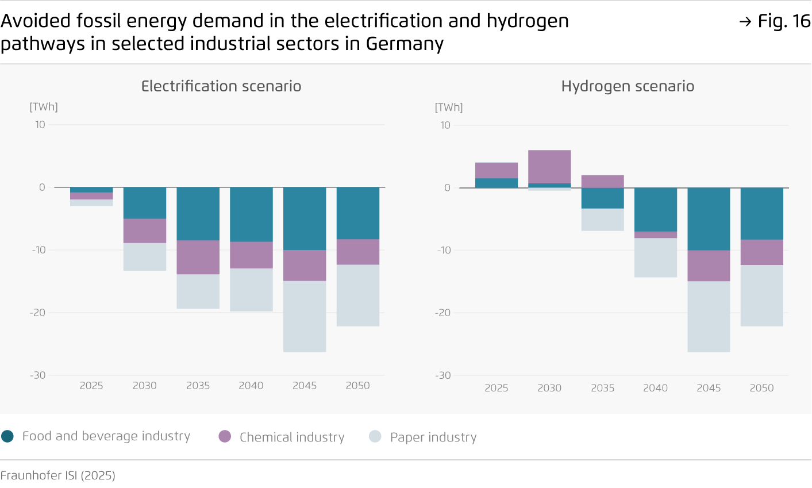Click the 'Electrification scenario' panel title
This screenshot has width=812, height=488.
(x=221, y=86)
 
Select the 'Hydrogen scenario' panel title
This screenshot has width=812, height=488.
(x=628, y=86)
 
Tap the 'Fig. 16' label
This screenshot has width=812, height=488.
(x=775, y=21)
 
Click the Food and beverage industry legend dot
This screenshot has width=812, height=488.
(x=7, y=436)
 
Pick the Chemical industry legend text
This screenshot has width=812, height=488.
(x=291, y=437)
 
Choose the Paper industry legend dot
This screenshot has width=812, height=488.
(x=375, y=436)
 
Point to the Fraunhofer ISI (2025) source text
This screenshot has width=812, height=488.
(x=58, y=475)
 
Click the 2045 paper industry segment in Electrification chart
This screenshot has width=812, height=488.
(x=305, y=316)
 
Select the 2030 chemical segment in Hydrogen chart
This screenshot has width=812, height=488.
(x=549, y=167)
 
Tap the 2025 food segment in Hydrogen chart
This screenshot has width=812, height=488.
(x=497, y=183)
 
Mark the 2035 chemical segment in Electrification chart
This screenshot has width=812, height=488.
(x=198, y=257)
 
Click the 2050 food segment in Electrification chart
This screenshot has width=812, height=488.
(x=358, y=213)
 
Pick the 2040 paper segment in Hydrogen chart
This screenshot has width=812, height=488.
(x=656, y=258)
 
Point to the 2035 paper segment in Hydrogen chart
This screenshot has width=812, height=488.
(x=602, y=220)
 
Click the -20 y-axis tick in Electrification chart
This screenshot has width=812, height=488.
(x=38, y=313)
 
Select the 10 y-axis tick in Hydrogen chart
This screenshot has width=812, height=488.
(x=445, y=125)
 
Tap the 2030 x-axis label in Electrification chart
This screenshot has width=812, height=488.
(x=144, y=386)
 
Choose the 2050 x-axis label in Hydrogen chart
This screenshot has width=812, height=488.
(x=761, y=388)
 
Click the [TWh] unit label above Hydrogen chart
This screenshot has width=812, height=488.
(x=449, y=107)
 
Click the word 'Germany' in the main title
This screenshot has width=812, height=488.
(x=405, y=44)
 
